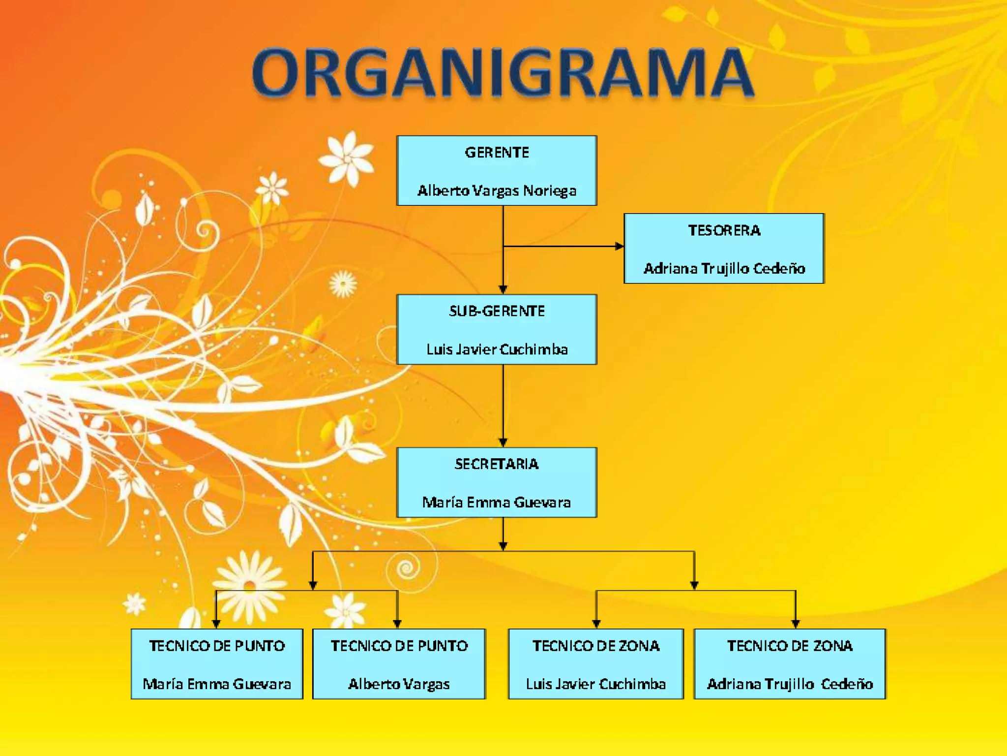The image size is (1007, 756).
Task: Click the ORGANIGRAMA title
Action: pos(503,73)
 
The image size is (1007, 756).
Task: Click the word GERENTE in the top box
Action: pos(497,153)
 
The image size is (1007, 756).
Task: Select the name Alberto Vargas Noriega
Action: pos(497,190)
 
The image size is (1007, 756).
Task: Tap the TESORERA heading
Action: pos(724,230)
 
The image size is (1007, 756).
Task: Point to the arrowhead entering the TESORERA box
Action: pos(620,246)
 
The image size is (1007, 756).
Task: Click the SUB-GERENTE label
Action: pos(497,311)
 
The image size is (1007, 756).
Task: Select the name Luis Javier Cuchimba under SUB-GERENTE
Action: pos(497,349)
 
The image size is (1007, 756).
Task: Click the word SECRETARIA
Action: pos(497,464)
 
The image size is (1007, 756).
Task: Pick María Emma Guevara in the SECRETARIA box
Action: pos(497,503)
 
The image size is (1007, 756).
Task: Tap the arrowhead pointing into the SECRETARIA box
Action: pos(503,442)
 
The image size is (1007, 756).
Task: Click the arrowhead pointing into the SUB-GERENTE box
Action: pos(503,289)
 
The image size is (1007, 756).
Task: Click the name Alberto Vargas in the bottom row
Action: pos(399,684)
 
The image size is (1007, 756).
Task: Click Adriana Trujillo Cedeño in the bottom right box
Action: pos(790,684)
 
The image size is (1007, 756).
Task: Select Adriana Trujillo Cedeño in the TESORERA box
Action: pos(724,269)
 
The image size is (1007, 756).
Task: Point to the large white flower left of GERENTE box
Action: pos(347,158)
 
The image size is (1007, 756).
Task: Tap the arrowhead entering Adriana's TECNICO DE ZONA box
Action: pos(796,624)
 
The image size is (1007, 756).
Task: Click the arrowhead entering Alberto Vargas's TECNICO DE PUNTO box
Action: pos(397,624)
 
